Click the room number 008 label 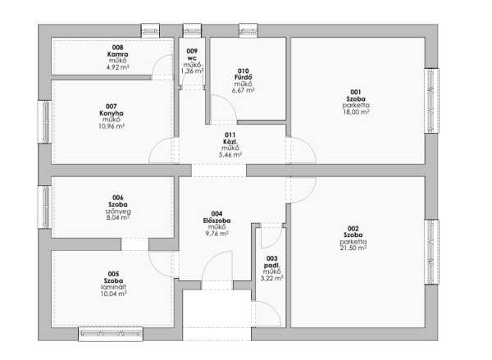tap(117, 48)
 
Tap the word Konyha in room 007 tap(112, 113)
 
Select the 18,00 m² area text tap(356, 112)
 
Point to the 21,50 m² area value tap(353, 248)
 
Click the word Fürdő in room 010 tap(244, 77)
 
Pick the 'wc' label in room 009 tap(192, 58)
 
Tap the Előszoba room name tap(216, 221)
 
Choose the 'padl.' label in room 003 tap(271, 265)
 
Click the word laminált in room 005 tap(114, 287)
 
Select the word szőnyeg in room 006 tap(118, 212)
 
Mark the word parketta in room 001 tap(356, 105)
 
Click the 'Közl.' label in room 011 tap(230, 142)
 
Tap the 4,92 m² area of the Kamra tap(117, 67)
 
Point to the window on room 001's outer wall tap(431, 100)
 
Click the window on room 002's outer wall tap(431, 252)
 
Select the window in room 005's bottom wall tap(111, 334)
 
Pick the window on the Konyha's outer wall tap(44, 122)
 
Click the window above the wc tap(193, 31)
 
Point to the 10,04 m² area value tap(114, 294)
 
